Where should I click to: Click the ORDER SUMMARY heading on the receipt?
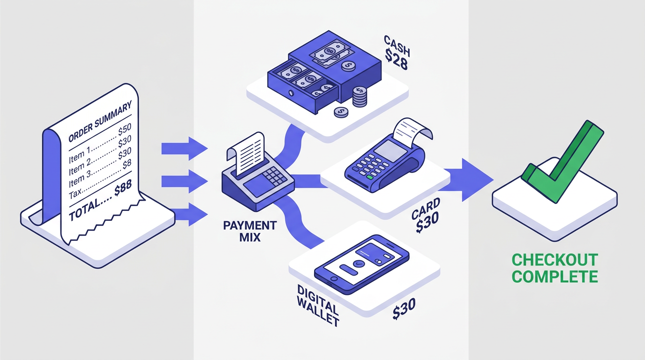click(100, 121)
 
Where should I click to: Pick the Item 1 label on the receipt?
click(80, 156)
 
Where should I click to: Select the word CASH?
click(397, 46)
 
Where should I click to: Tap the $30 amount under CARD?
click(427, 222)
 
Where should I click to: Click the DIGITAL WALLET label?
click(318, 306)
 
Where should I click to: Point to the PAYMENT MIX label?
click(250, 231)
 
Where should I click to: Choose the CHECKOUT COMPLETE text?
click(555, 268)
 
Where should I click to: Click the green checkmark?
click(562, 162)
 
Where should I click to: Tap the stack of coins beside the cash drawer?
click(360, 97)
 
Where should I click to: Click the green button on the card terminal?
click(370, 177)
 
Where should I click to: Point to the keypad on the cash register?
click(275, 176)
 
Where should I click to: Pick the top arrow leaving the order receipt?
click(185, 149)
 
